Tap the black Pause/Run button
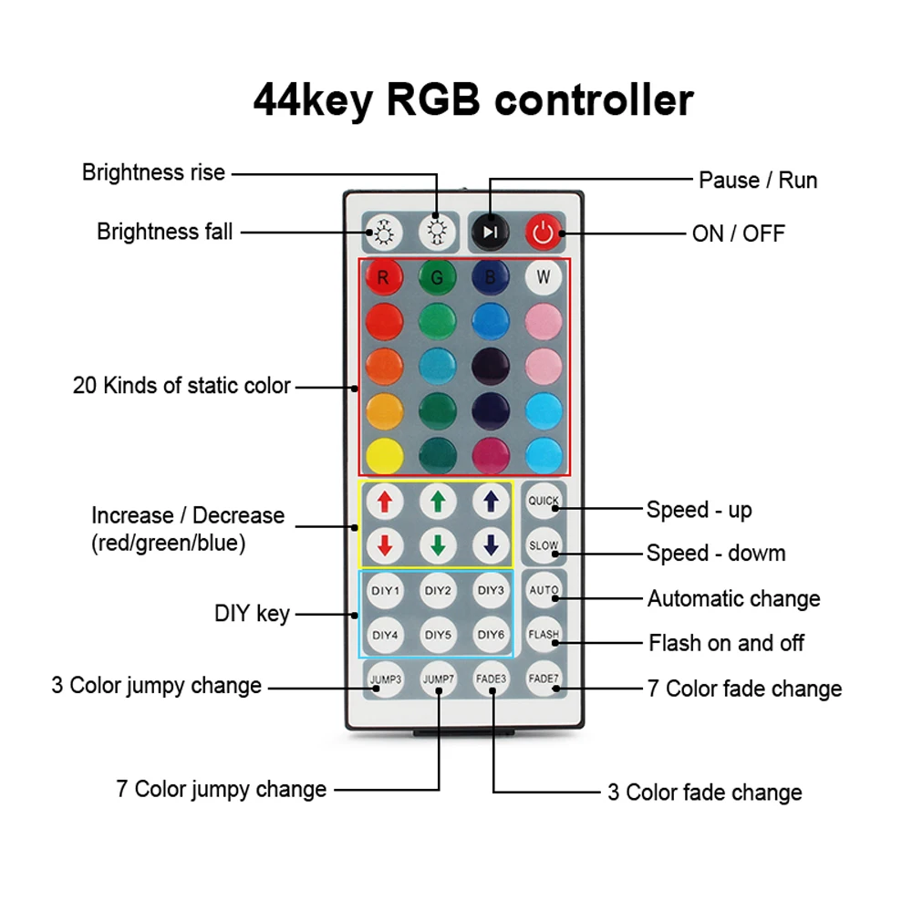coord(490,232)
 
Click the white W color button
coord(544,278)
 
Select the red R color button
coord(383,278)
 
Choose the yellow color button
coord(383,453)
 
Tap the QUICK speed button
coord(544,501)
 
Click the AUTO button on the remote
coord(544,590)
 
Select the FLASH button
coord(544,635)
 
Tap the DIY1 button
coord(384,590)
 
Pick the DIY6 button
coord(491,635)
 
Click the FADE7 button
coord(544,679)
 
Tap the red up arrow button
coord(384,501)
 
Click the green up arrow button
coord(438,501)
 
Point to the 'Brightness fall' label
coord(165,232)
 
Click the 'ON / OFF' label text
coord(738,233)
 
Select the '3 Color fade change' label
coord(705,792)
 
